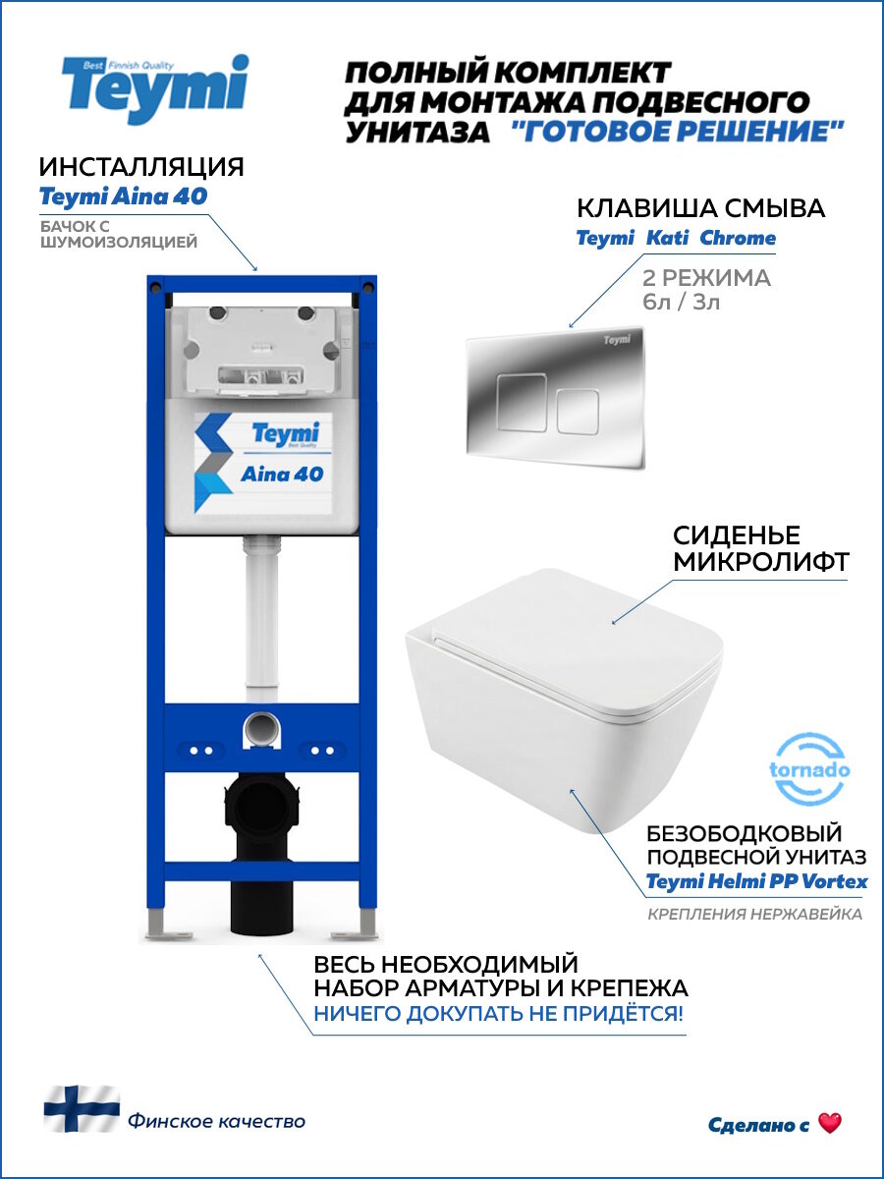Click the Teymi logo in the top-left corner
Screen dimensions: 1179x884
coord(155,90)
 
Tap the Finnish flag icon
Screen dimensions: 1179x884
coord(82,1109)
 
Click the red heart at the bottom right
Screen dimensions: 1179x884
coord(830,1123)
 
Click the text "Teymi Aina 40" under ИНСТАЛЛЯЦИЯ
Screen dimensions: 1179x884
coord(123,196)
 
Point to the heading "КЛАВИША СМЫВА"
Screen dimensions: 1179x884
coord(700,208)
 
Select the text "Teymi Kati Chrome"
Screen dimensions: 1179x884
coord(675,238)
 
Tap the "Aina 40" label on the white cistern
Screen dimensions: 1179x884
coord(281,474)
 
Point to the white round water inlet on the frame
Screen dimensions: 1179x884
coord(259,731)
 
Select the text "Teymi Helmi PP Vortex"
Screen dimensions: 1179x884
coord(756,881)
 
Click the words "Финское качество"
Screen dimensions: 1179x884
coord(216,1121)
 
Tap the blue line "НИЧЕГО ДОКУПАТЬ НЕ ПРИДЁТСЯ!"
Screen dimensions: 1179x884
coord(498,1013)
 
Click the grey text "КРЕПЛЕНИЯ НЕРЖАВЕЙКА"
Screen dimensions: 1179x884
coord(754,915)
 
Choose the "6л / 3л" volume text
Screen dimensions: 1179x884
coord(681,302)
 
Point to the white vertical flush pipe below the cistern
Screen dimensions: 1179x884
coord(259,619)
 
